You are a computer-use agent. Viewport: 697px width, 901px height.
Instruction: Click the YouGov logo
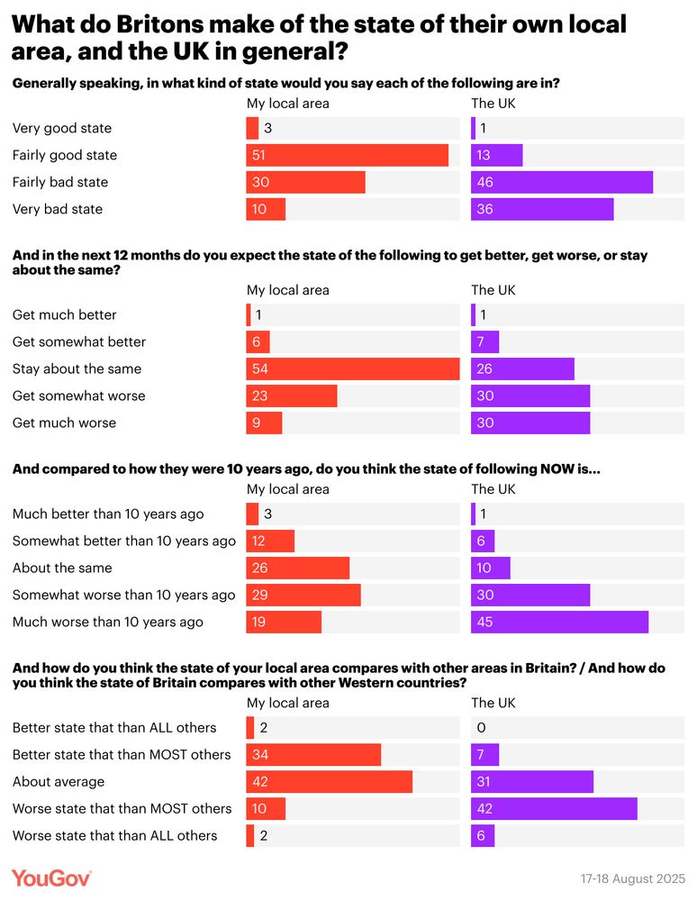coord(51,878)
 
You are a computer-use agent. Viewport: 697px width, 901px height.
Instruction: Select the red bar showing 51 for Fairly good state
coord(347,155)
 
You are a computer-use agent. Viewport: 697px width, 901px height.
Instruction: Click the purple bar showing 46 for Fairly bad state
coord(561,182)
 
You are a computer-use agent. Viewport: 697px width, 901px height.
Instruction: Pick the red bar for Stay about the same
coord(352,369)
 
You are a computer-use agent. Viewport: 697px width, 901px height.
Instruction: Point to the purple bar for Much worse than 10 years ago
coord(559,622)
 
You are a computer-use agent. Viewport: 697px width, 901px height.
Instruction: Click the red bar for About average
coord(329,781)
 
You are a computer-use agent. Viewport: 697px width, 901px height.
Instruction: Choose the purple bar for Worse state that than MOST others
coord(554,808)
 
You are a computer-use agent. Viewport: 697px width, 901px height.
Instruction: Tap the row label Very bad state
coord(58,209)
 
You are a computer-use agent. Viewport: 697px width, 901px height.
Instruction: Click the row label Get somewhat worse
coord(78,396)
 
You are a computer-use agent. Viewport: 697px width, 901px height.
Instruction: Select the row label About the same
coord(62,568)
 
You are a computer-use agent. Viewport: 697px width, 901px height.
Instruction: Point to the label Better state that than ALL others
coord(114,727)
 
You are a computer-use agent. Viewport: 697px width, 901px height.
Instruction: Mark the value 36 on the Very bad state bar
coord(484,209)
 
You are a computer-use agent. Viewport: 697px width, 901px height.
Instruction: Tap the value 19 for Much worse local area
coord(259,622)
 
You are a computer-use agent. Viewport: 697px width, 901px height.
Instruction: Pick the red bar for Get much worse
coord(264,423)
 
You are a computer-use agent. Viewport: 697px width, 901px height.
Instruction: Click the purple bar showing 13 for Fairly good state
coord(496,155)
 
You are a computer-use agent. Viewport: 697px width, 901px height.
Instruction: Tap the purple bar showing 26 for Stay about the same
coord(522,369)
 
